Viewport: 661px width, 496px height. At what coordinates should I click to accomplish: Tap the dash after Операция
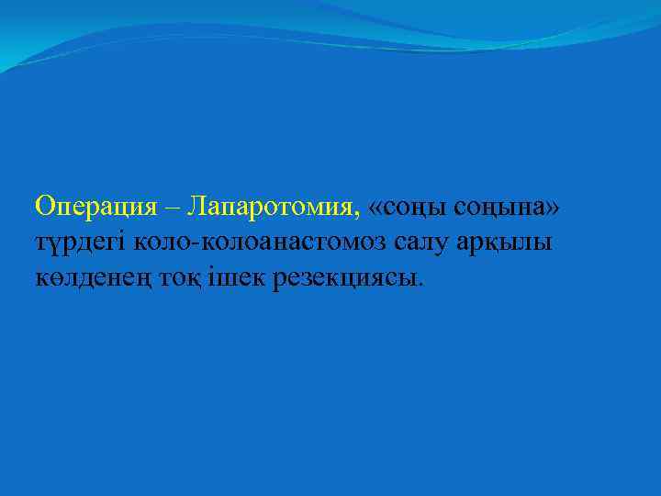click(174, 208)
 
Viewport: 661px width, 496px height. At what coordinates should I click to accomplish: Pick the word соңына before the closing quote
click(500, 208)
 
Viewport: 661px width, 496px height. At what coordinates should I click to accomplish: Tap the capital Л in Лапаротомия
click(195, 206)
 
